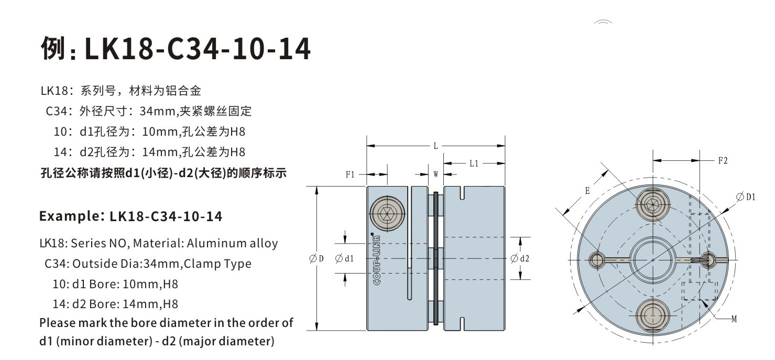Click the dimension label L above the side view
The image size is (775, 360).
435,146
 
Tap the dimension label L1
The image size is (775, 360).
474,163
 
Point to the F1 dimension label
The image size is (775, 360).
351,175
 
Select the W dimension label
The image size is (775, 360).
435,175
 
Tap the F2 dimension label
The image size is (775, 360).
723,161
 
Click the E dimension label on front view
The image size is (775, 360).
587,192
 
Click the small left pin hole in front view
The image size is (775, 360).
597,259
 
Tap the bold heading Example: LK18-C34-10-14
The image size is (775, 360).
131,216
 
